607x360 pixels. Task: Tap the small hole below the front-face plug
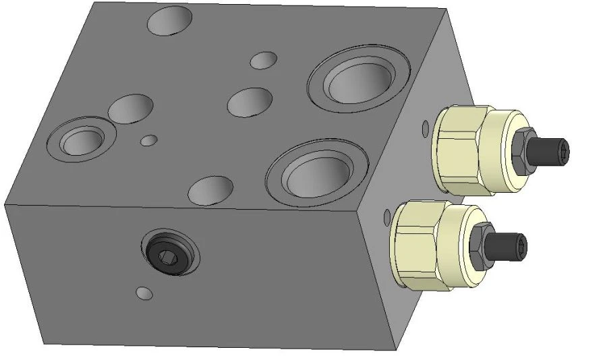tap(144, 293)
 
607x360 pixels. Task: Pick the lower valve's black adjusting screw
tap(512, 245)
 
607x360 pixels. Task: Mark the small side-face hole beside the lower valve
tap(386, 217)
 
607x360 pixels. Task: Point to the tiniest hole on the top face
tap(149, 140)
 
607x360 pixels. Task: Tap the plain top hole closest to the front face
tap(210, 189)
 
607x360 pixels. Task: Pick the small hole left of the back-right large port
tap(264, 60)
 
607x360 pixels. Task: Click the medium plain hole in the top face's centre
tap(250, 101)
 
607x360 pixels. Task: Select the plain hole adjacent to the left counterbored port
tap(132, 109)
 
